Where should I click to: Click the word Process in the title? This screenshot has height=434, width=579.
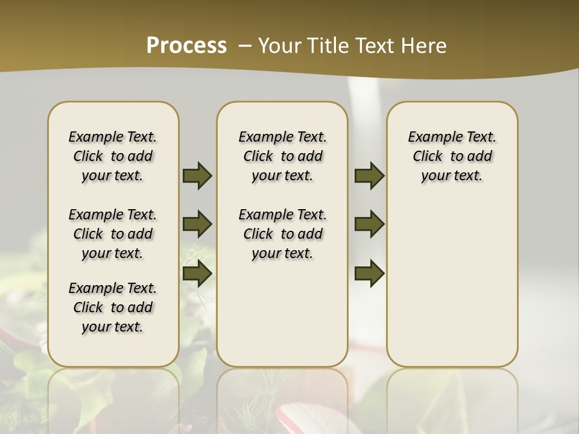point(186,45)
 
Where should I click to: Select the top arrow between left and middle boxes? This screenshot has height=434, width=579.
point(197,175)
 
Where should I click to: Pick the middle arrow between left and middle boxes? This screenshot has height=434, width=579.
point(197,224)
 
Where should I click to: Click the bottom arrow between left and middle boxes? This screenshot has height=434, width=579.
point(197,273)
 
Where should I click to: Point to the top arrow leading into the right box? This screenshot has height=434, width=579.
point(369,175)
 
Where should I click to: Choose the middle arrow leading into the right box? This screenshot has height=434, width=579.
point(369,224)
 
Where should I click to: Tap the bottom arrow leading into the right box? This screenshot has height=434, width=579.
point(369,273)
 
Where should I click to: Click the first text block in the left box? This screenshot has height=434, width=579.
point(113,156)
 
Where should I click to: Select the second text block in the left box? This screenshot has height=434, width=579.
point(113,234)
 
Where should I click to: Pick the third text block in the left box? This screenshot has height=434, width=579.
point(113,307)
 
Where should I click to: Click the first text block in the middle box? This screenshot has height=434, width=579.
point(282,156)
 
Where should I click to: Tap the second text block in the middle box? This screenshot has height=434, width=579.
point(282,234)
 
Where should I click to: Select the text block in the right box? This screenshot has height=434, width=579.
point(452,156)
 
